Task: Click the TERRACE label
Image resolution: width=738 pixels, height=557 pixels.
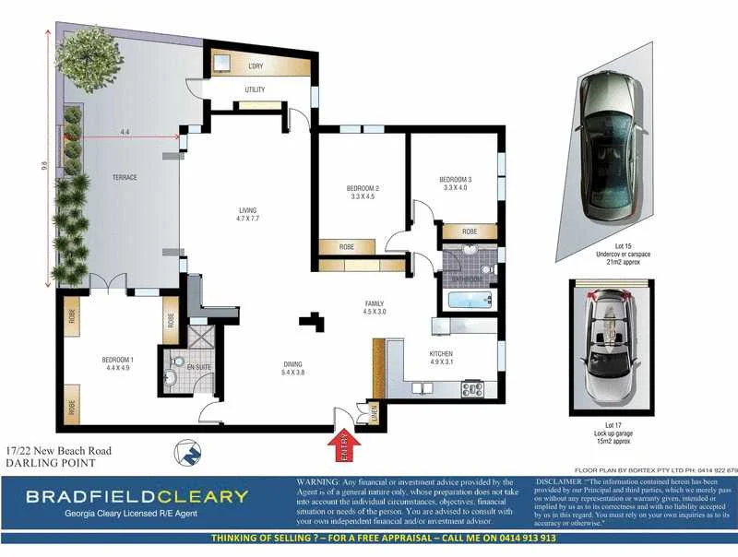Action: [125, 177]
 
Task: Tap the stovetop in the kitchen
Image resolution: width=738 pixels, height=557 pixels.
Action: [472, 388]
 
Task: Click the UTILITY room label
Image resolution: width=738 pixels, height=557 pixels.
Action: [256, 89]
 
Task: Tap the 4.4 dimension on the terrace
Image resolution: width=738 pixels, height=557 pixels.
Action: [125, 132]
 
